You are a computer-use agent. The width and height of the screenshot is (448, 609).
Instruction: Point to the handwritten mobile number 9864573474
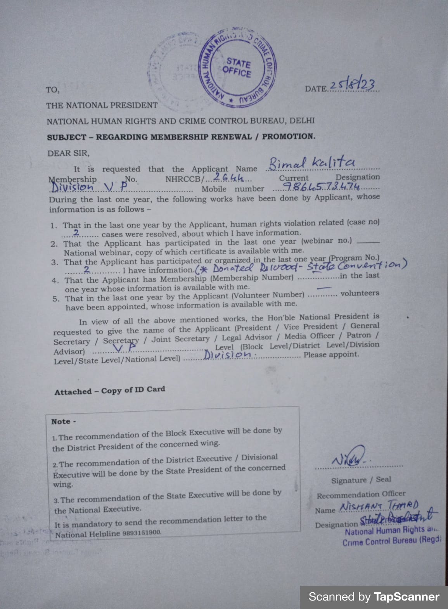pos(321,187)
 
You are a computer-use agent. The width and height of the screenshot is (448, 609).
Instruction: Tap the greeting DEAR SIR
pos(68,153)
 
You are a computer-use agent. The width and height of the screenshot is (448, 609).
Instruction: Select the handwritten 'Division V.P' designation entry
pos(89,187)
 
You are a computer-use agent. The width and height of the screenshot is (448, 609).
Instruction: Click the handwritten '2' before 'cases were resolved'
pos(76,233)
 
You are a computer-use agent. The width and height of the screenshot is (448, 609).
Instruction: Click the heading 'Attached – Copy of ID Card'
pos(110,391)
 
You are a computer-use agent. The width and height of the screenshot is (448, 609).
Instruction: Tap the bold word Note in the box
pos(61,421)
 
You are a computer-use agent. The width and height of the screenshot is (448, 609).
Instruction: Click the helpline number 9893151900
pos(142,533)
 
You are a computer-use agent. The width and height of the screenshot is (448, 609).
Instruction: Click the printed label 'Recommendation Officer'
pos(361,495)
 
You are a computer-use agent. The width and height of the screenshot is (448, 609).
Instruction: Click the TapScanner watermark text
pos(374,597)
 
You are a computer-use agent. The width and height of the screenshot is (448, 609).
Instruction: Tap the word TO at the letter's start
pos(52,90)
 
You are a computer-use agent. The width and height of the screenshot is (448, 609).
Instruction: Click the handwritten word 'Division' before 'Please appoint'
pos(227,354)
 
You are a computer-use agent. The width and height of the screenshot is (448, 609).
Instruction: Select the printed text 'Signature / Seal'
pos(361,480)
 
